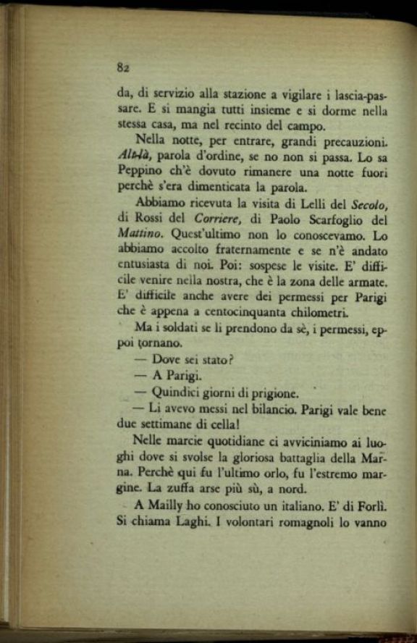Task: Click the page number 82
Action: [x=122, y=67]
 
